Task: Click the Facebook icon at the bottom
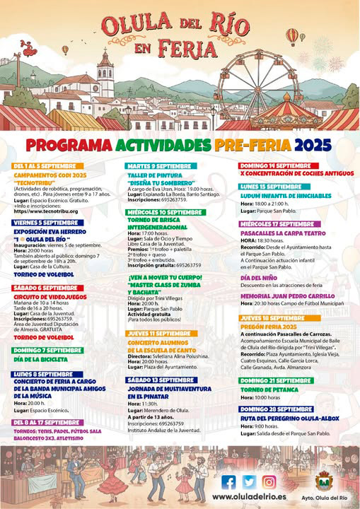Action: pos(228,481)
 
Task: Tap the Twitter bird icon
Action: pos(248,481)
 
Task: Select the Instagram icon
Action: pos(269,481)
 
